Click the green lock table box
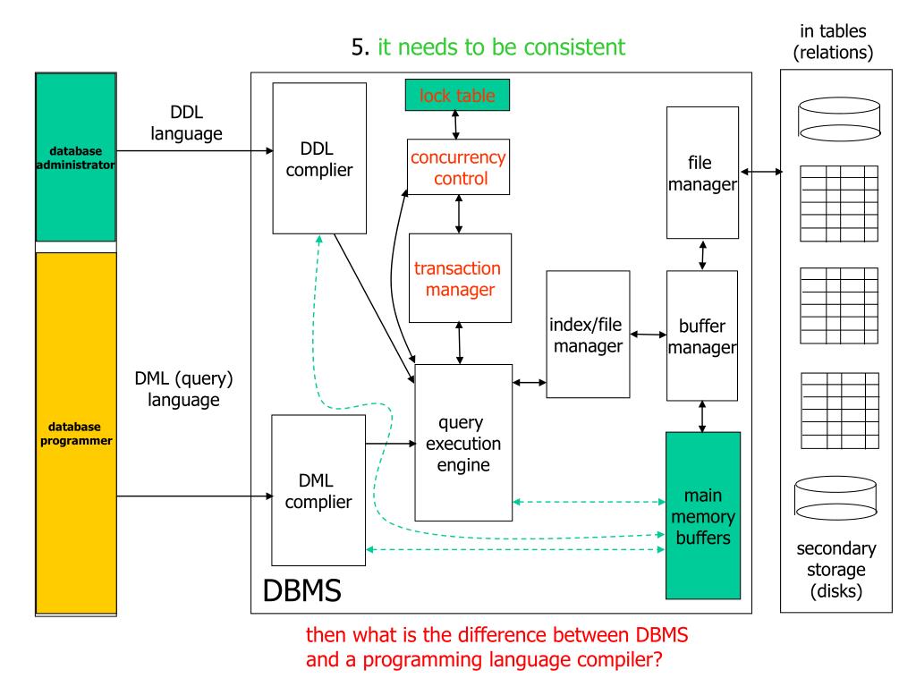pos(457,95)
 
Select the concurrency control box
pos(458,167)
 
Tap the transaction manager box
pos(460,278)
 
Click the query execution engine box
pos(463,443)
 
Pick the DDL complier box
pos(319,158)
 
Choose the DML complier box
pos(318,490)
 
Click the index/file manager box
pos(588,335)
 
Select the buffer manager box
pos(702,336)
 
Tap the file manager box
pos(702,173)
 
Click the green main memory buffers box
pos(703,516)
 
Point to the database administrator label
pos(75,157)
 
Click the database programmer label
pos(76,434)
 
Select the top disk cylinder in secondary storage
pos(839,119)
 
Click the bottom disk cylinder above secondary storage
pos(835,497)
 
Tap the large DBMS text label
pos(302,590)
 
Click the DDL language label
pos(186,123)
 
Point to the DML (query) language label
pos(183,389)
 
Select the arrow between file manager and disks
pos(761,172)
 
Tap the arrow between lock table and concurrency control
pos(455,125)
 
